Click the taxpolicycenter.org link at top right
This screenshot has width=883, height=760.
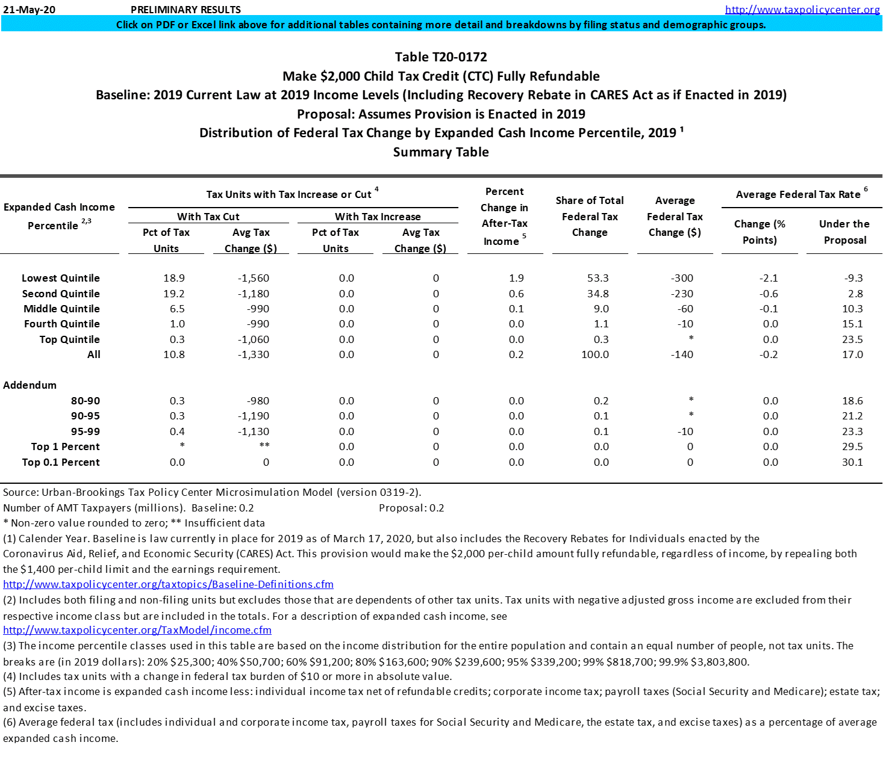(x=802, y=10)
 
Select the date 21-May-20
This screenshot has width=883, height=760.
(x=29, y=10)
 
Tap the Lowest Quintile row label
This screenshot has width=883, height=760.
(x=61, y=278)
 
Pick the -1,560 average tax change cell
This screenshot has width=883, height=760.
(x=253, y=278)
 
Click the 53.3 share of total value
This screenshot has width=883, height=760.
(x=598, y=278)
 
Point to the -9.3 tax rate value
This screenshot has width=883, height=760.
(x=853, y=278)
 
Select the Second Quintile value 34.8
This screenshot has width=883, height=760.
(x=598, y=294)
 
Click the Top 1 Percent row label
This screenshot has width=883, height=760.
(x=66, y=446)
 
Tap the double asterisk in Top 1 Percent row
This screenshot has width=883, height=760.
(x=264, y=446)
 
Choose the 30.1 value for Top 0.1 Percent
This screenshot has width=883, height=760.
(x=852, y=462)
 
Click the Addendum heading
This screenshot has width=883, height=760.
(x=30, y=385)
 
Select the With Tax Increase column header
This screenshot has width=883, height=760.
(x=378, y=217)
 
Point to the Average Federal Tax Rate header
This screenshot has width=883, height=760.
(x=798, y=194)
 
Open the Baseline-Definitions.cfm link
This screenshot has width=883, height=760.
(x=168, y=584)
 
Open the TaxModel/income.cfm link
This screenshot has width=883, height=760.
(x=137, y=630)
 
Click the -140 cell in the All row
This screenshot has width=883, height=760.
(x=682, y=354)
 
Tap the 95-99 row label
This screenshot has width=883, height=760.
(x=86, y=431)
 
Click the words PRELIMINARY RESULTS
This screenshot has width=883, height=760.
(x=186, y=10)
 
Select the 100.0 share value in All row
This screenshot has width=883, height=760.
(x=594, y=354)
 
